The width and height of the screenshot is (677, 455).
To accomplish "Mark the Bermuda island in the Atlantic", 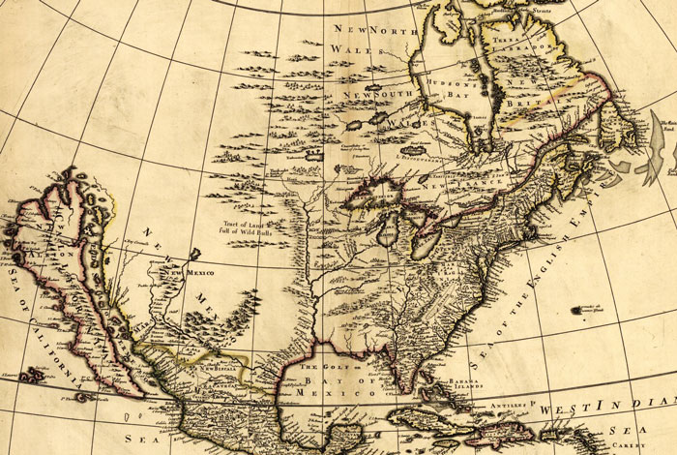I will pyautogui.click(x=581, y=311).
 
